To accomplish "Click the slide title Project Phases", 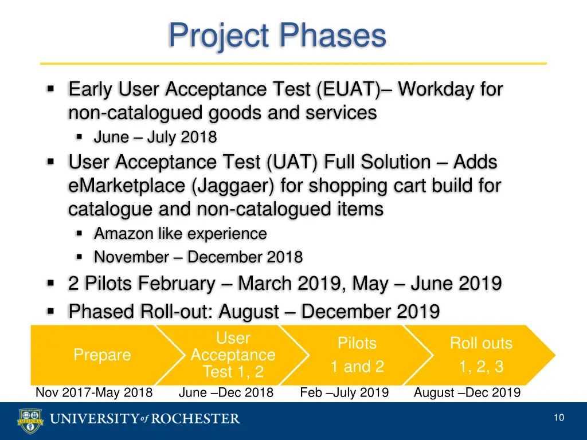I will coord(277,36).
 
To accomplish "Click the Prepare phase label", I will coord(102,355).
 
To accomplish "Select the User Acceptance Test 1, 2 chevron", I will coord(233,355).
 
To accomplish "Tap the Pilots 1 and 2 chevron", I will coord(357,355).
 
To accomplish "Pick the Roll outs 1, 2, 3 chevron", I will coord(481,355).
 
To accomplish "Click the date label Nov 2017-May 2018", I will coord(94,392).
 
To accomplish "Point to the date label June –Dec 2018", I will coord(226,392).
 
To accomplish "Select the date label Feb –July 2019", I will coord(345,392).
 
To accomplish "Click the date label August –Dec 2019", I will coord(467,392).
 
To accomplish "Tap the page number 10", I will coord(559,418).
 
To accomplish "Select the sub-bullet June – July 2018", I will coord(155,137).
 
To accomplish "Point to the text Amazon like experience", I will coord(180,234).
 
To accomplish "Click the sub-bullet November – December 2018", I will coord(198,257).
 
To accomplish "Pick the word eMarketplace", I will coord(127,186).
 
